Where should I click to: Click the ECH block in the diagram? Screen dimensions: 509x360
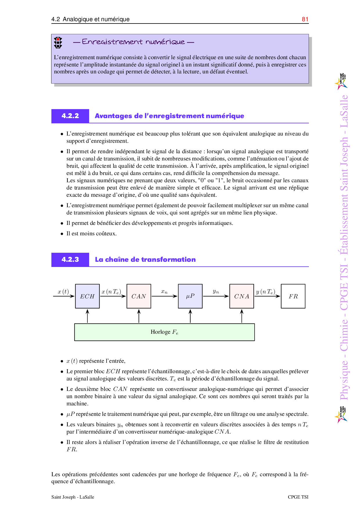click(87, 296)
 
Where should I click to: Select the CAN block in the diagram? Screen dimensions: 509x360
click(139, 296)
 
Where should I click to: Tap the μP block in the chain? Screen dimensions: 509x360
click(190, 296)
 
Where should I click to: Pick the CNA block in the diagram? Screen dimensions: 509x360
click(242, 296)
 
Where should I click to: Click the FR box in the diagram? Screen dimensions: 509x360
click(293, 296)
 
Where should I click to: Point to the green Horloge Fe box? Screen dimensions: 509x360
click(164, 332)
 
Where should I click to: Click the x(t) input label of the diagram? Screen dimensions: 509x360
click(63, 291)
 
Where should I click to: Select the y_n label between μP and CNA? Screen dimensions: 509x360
click(216, 291)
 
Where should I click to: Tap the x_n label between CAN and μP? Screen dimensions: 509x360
click(164, 291)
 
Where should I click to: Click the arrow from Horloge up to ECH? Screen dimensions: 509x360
click(87, 316)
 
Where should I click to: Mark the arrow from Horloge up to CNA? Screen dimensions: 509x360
click(242, 316)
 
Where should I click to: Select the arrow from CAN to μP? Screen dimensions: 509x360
click(164, 296)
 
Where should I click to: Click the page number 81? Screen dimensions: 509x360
click(305, 19)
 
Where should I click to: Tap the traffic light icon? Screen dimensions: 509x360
click(58, 43)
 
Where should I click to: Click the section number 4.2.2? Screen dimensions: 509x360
click(70, 116)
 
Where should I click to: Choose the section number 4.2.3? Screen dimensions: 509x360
click(70, 259)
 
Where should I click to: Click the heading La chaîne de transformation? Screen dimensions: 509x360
click(145, 259)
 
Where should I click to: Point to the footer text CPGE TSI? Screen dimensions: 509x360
click(298, 497)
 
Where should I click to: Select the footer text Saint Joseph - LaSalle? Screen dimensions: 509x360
click(73, 497)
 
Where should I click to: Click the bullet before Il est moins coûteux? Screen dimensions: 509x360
click(62, 234)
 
